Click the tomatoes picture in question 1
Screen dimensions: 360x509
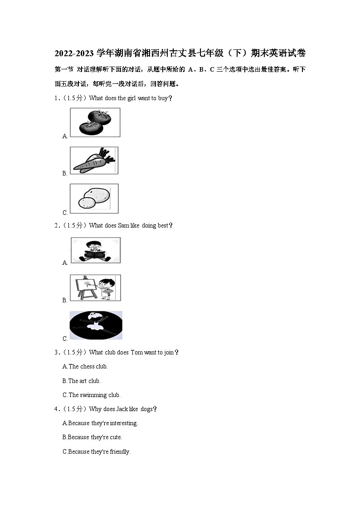pos(95,122)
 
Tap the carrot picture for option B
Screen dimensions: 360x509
pos(94,160)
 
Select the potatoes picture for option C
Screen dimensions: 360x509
pos(94,199)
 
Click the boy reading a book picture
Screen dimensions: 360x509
pos(96,250)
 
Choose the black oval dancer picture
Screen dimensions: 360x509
pos(96,325)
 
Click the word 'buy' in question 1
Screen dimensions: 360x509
pos(163,98)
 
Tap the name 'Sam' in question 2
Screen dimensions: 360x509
pos(123,225)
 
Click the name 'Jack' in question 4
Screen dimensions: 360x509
pos(122,409)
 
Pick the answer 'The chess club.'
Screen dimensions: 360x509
pos(85,367)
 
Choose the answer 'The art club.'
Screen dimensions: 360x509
pos(82,381)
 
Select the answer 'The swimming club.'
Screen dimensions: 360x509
pos(92,395)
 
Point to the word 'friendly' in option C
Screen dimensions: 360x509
pos(120,452)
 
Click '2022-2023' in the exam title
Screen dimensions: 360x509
pos(74,53)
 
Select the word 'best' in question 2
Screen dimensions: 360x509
pos(163,225)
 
